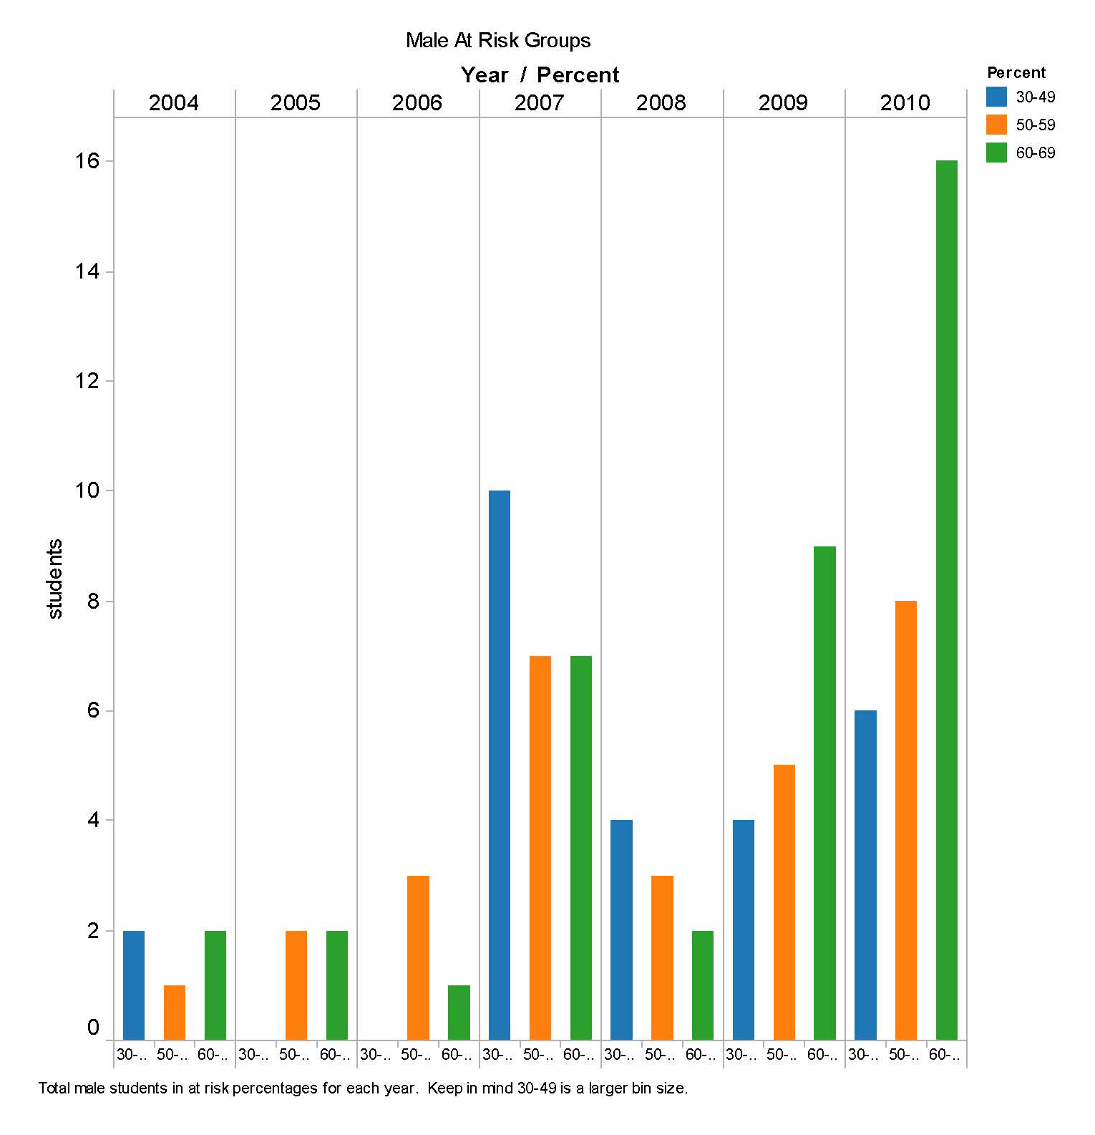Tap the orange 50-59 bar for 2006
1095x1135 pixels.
pos(418,957)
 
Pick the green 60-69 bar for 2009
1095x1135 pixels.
pos(824,793)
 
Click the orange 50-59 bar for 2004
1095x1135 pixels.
pos(174,1013)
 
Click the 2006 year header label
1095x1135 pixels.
pos(417,103)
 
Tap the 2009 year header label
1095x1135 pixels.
pos(783,103)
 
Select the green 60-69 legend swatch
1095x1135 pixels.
pos(996,153)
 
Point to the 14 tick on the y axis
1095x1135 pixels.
pos(87,271)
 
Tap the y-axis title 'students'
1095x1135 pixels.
pos(54,579)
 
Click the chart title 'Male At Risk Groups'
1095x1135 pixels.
pos(498,41)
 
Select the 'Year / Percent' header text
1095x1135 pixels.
pos(540,75)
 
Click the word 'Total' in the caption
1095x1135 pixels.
pos(54,1088)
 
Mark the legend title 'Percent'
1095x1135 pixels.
pos(1016,72)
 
